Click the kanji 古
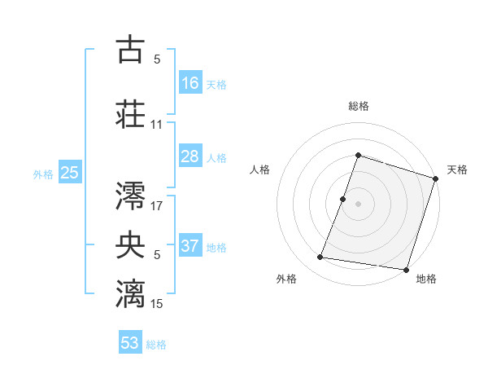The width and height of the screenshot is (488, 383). [x=131, y=50]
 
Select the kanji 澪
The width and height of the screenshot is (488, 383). [x=131, y=195]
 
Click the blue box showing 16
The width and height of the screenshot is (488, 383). [x=190, y=82]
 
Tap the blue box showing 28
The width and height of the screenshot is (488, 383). [x=190, y=156]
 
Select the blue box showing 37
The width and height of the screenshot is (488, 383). [x=190, y=246]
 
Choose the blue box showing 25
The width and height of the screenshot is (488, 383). [x=69, y=173]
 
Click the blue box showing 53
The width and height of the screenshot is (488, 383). [x=130, y=343]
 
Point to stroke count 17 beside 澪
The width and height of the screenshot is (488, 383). [x=157, y=206]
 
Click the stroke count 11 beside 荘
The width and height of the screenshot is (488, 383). [x=156, y=125]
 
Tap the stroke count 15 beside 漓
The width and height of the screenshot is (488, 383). [x=157, y=303]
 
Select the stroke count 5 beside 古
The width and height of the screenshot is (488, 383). [x=156, y=59]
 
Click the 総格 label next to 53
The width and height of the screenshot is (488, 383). [x=157, y=345]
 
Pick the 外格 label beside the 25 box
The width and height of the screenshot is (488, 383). [x=43, y=174]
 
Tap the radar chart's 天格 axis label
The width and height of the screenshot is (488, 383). [x=457, y=169]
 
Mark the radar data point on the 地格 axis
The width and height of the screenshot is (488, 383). [x=405, y=269]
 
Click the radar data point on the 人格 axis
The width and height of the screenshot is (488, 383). [x=343, y=199]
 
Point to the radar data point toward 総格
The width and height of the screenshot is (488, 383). [x=358, y=156]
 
